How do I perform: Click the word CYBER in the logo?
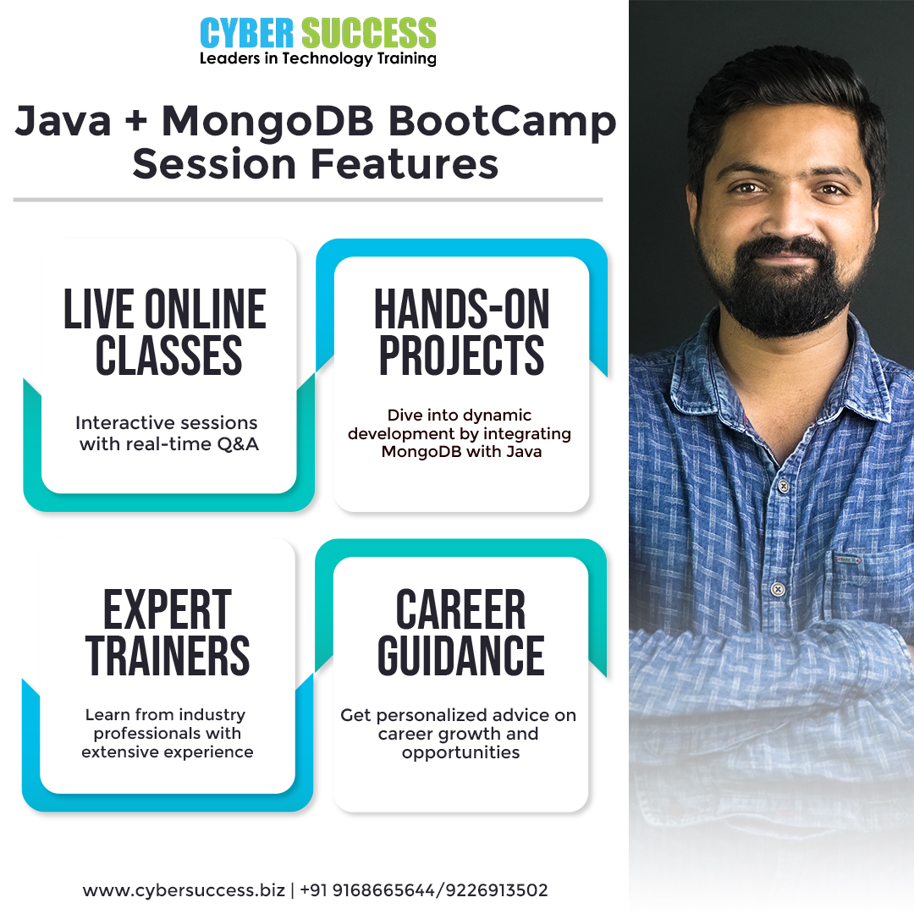(x=246, y=33)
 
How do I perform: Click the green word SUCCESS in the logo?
(x=368, y=33)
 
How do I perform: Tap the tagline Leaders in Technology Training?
(x=317, y=59)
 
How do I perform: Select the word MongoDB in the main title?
(x=267, y=122)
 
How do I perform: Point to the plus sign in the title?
(x=135, y=122)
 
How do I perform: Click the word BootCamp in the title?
(x=502, y=123)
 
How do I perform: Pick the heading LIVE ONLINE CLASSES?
(x=166, y=332)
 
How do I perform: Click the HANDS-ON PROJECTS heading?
(x=461, y=332)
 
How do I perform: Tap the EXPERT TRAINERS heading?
(x=168, y=632)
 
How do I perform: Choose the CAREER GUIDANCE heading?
(x=460, y=632)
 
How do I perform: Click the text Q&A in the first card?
(x=238, y=444)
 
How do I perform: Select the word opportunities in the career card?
(x=460, y=753)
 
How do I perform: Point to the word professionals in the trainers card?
(x=168, y=733)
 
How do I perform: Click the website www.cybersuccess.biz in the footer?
(x=184, y=890)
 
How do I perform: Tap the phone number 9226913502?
(x=498, y=890)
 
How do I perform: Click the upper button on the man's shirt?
(x=784, y=485)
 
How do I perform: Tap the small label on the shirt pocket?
(x=848, y=559)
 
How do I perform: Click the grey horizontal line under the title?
(x=308, y=200)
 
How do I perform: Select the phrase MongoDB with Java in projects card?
(x=462, y=452)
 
